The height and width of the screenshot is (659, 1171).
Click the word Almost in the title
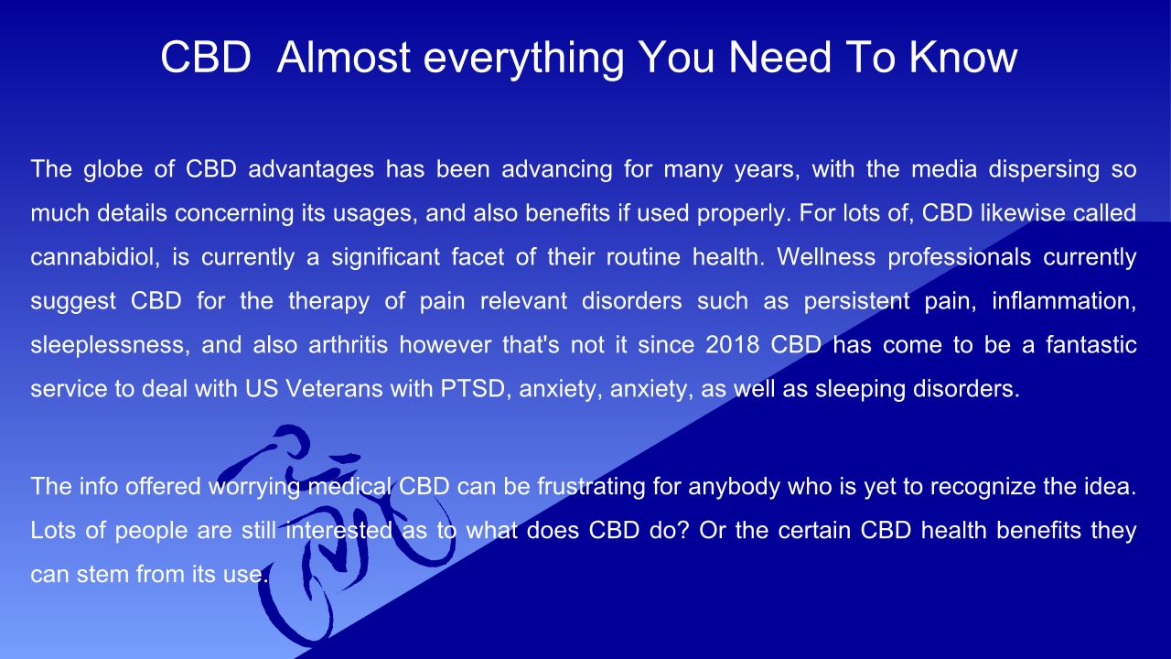pyautogui.click(x=343, y=57)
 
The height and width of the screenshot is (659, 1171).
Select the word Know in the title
pyautogui.click(x=963, y=57)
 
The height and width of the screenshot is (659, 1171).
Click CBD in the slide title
pyautogui.click(x=206, y=57)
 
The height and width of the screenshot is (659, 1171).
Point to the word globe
pyautogui.click(x=113, y=170)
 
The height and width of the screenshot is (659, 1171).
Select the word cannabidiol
pyautogui.click(x=95, y=257)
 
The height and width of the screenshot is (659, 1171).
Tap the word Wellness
pyautogui.click(x=826, y=257)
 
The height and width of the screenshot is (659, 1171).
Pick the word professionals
pyautogui.click(x=960, y=258)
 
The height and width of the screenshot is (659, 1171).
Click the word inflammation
pyautogui.click(x=1064, y=301)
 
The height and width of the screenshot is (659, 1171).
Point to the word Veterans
pyautogui.click(x=335, y=389)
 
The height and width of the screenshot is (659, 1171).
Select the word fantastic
pyautogui.click(x=1091, y=345)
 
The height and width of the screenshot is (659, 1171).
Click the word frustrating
pyautogui.click(x=591, y=487)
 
